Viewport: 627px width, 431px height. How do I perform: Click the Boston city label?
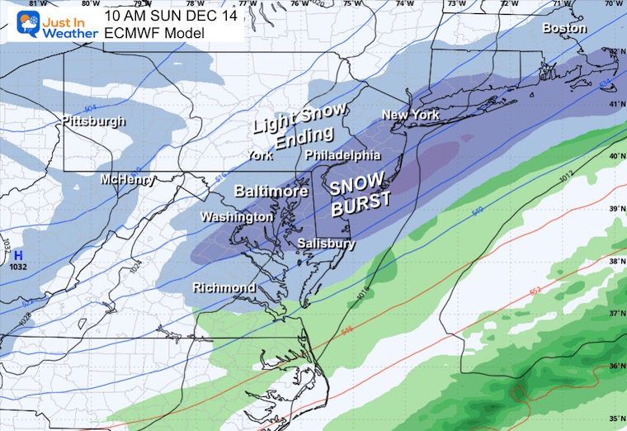(x=564, y=28)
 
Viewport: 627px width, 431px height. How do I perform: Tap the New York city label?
(x=410, y=115)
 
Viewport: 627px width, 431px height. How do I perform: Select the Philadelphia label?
(x=342, y=155)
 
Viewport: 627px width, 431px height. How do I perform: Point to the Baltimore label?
(x=271, y=191)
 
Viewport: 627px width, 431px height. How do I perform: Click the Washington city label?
(x=237, y=216)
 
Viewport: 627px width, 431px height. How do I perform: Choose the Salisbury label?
(x=327, y=244)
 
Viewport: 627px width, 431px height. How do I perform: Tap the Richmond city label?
(x=224, y=287)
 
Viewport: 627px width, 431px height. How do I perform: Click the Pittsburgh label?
(x=93, y=121)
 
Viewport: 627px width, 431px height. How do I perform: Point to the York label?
(x=262, y=155)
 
